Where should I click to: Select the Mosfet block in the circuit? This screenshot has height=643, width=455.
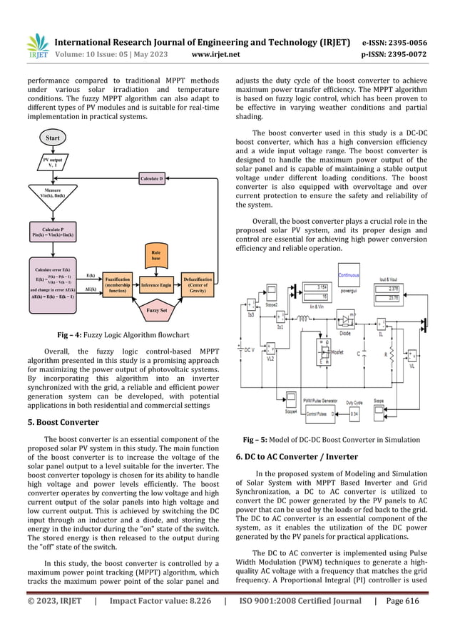324,353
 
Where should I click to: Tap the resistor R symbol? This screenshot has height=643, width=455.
391,354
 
